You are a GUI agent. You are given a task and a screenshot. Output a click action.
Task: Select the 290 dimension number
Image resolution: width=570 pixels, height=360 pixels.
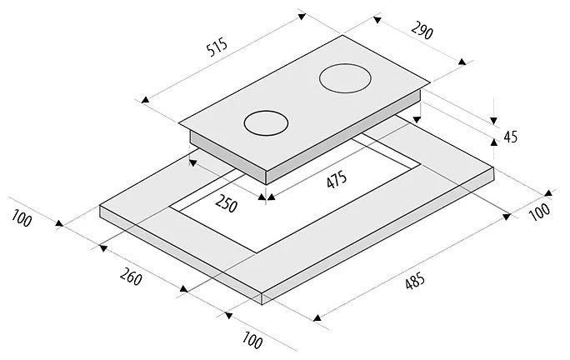pyautogui.click(x=422, y=32)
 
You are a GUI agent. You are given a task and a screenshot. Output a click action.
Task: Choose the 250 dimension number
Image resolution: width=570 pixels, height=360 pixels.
pyautogui.click(x=225, y=203)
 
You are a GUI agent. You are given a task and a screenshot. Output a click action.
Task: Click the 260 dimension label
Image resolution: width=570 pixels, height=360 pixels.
pyautogui.click(x=129, y=277)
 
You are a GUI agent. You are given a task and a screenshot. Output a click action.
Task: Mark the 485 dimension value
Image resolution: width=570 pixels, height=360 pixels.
pyautogui.click(x=413, y=283)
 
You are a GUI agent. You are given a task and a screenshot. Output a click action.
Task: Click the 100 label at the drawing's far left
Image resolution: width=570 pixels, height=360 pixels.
pyautogui.click(x=22, y=219)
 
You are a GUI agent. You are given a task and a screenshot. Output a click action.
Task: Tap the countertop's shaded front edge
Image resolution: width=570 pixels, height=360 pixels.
pyautogui.click(x=179, y=253)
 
